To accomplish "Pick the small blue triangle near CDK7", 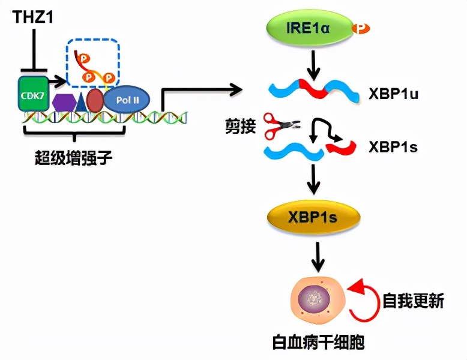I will pyautogui.click(x=80, y=103).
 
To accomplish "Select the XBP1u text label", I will pyautogui.click(x=399, y=94).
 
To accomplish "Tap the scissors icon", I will pyautogui.click(x=277, y=125).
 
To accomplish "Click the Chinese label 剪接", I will pyautogui.click(x=243, y=127).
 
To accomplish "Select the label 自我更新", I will pyautogui.click(x=413, y=300).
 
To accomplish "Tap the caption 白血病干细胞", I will pyautogui.click(x=318, y=343).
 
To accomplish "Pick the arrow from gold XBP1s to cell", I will pyautogui.click(x=317, y=256).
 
